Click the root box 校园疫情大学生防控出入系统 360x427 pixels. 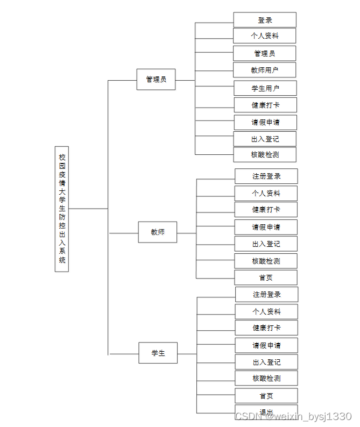click(x=62, y=209)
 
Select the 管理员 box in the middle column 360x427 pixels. click(x=156, y=80)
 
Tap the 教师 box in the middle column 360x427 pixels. click(x=158, y=232)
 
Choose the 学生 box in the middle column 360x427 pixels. click(x=158, y=353)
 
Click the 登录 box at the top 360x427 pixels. click(x=265, y=20)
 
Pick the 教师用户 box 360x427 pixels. click(x=265, y=70)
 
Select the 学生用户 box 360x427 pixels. click(x=265, y=88)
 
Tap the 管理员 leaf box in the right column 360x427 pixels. click(x=265, y=53)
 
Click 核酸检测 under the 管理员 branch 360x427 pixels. click(x=265, y=155)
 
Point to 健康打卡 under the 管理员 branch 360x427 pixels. click(x=265, y=105)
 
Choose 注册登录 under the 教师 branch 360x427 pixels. click(x=266, y=176)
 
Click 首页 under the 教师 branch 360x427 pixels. click(x=266, y=277)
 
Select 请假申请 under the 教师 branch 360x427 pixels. click(x=266, y=227)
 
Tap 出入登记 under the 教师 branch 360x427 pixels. click(x=266, y=244)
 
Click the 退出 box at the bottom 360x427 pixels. click(x=266, y=411)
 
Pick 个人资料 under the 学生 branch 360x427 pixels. click(x=266, y=311)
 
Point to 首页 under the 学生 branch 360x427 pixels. click(x=266, y=396)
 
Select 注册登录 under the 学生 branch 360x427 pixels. click(x=267, y=294)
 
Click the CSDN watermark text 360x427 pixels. click(x=294, y=417)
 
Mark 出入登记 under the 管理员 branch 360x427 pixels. click(x=265, y=139)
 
